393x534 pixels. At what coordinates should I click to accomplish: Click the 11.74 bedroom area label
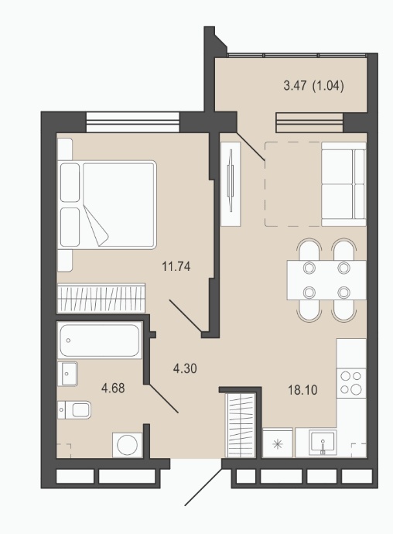tap(176, 266)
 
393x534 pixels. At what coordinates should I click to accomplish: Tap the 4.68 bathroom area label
tap(113, 388)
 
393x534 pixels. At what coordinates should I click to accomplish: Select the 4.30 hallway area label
tap(185, 368)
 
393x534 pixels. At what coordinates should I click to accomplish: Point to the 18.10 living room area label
tap(302, 390)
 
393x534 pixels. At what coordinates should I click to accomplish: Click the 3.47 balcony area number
tap(295, 85)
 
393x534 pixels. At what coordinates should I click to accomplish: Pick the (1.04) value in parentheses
tap(327, 85)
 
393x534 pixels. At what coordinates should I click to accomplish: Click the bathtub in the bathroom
tap(100, 340)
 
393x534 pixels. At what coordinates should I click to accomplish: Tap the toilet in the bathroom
tap(74, 409)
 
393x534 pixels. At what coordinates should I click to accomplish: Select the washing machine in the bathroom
tap(128, 445)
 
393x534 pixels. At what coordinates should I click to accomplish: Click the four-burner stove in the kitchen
tap(351, 383)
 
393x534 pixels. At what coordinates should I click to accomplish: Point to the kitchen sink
tap(323, 443)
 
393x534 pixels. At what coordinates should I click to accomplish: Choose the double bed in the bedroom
tap(107, 204)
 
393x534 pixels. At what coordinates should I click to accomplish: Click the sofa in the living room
tap(343, 184)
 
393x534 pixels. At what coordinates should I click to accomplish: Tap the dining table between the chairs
tap(326, 280)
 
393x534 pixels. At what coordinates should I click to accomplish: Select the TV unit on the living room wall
tap(231, 184)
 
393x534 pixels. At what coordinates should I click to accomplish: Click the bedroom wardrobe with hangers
tap(101, 298)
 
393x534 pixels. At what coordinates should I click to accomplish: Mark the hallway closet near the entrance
tap(241, 425)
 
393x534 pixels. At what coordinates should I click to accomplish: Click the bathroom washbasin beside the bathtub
tap(67, 374)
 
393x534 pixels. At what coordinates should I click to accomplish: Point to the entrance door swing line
tap(203, 486)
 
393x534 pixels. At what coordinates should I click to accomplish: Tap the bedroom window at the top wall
tap(133, 122)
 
